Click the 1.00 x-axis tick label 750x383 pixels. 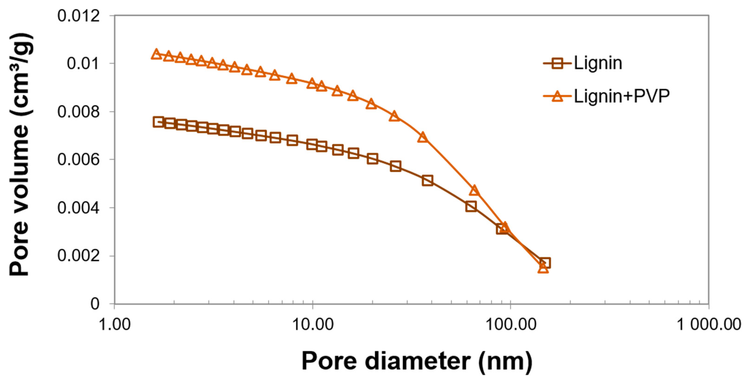115,324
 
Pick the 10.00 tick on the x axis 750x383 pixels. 312,324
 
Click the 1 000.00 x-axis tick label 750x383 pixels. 708,324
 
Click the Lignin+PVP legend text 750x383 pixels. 622,96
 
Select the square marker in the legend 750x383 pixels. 557,63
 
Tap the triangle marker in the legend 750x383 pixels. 557,96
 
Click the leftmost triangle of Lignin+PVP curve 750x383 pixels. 156,54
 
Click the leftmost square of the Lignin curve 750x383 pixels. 158,122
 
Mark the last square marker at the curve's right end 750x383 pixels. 545,263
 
